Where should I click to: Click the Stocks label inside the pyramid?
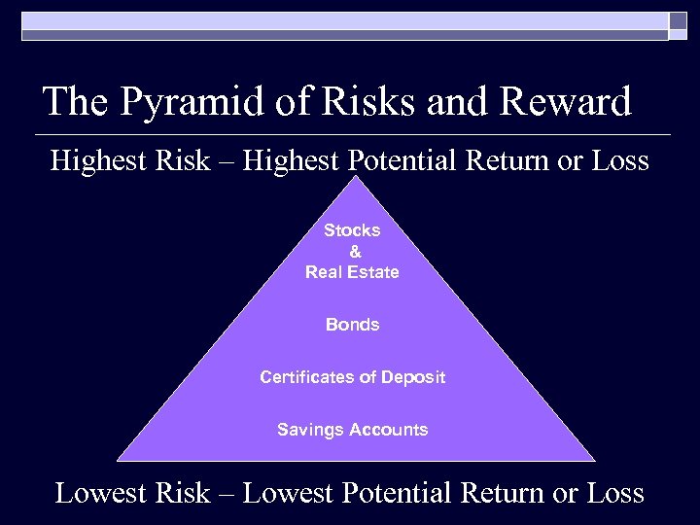352,230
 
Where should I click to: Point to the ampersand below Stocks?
354,252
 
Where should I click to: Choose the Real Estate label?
352,272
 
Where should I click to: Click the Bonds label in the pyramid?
352,325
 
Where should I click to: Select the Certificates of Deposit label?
352,377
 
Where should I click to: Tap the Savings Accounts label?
352,430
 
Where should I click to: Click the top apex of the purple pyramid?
355,177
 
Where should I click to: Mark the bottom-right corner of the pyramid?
593,459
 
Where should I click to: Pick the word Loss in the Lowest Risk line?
615,493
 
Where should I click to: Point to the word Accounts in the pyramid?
389,430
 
